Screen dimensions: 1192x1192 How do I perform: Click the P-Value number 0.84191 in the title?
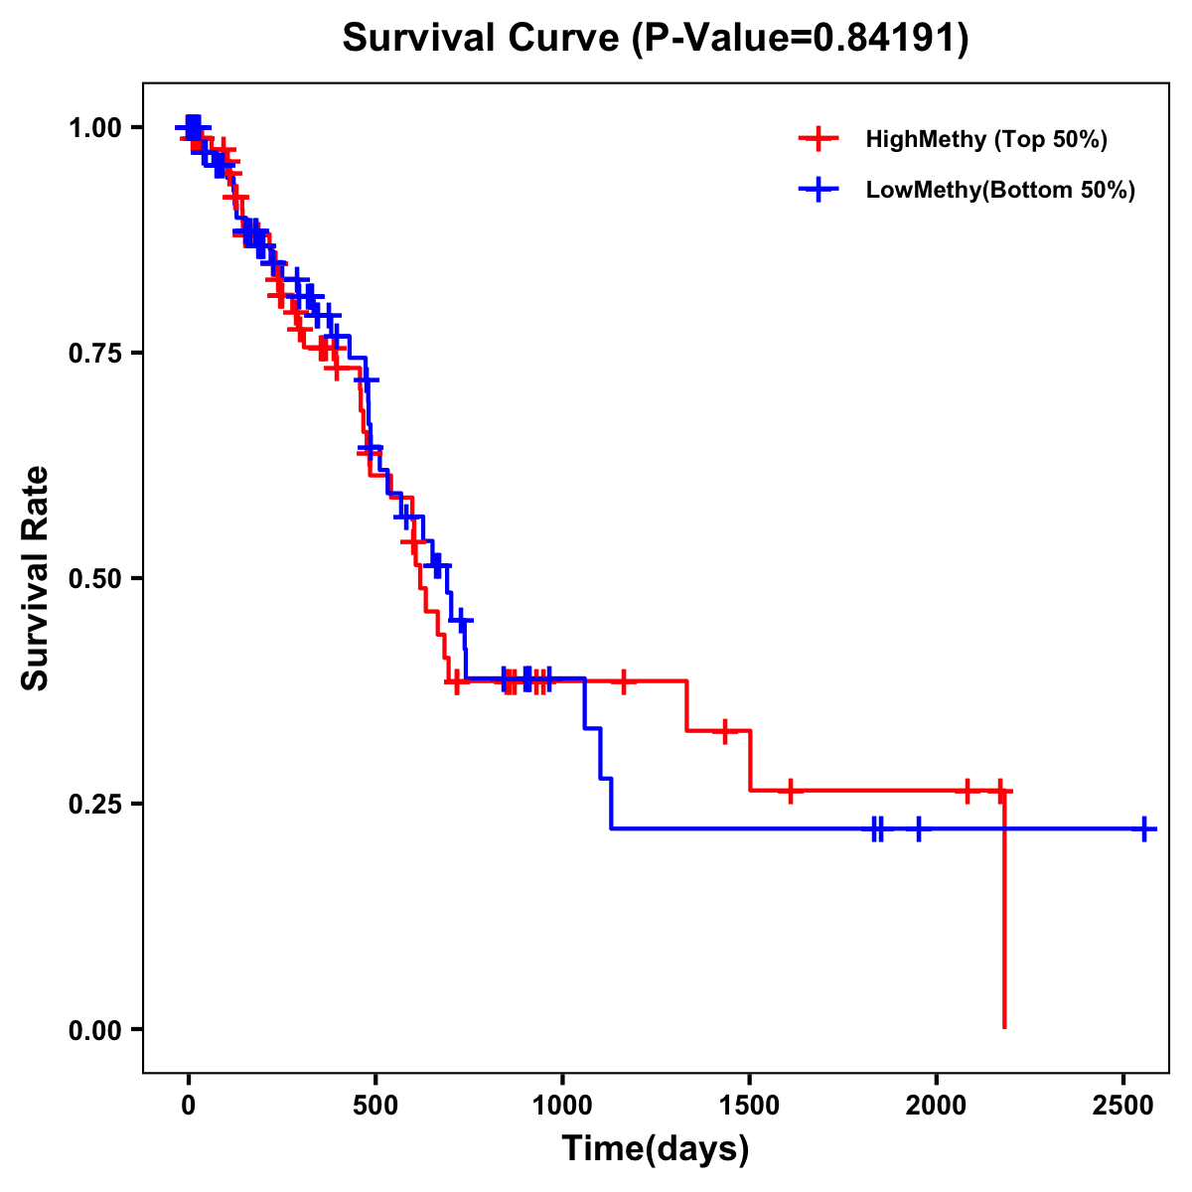click(886, 40)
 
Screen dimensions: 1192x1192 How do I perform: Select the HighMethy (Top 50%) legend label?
click(985, 139)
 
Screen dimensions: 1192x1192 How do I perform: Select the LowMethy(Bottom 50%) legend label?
click(1000, 191)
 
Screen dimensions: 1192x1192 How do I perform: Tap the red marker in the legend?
click(819, 139)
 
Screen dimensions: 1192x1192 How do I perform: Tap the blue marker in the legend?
click(819, 191)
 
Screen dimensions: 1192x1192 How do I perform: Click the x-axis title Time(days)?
click(656, 1149)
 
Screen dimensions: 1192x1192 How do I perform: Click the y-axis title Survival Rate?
click(36, 578)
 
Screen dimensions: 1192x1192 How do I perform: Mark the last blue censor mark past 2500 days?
click(1144, 828)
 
